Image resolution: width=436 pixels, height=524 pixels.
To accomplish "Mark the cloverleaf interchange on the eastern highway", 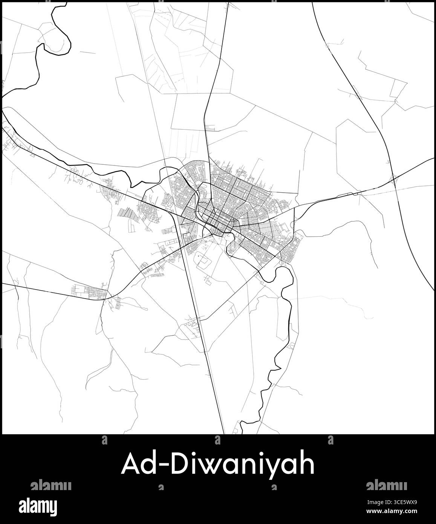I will click(x=394, y=180).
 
